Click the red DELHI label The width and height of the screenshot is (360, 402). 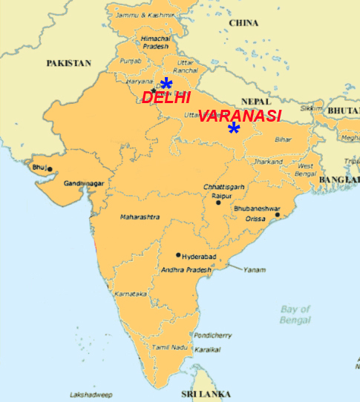166,97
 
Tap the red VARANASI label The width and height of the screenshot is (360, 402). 240,116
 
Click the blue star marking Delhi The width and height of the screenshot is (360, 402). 166,83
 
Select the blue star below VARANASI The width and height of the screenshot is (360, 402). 234,129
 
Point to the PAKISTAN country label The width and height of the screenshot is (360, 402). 68,63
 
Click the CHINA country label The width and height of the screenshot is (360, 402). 243,23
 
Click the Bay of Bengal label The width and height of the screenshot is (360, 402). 295,314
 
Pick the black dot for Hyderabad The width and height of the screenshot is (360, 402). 177,254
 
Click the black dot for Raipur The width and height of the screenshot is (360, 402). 218,202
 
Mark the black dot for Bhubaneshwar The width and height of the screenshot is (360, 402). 277,216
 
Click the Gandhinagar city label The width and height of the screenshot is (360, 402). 83,182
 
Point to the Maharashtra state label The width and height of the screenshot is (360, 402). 140,217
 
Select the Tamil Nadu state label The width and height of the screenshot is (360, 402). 168,347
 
